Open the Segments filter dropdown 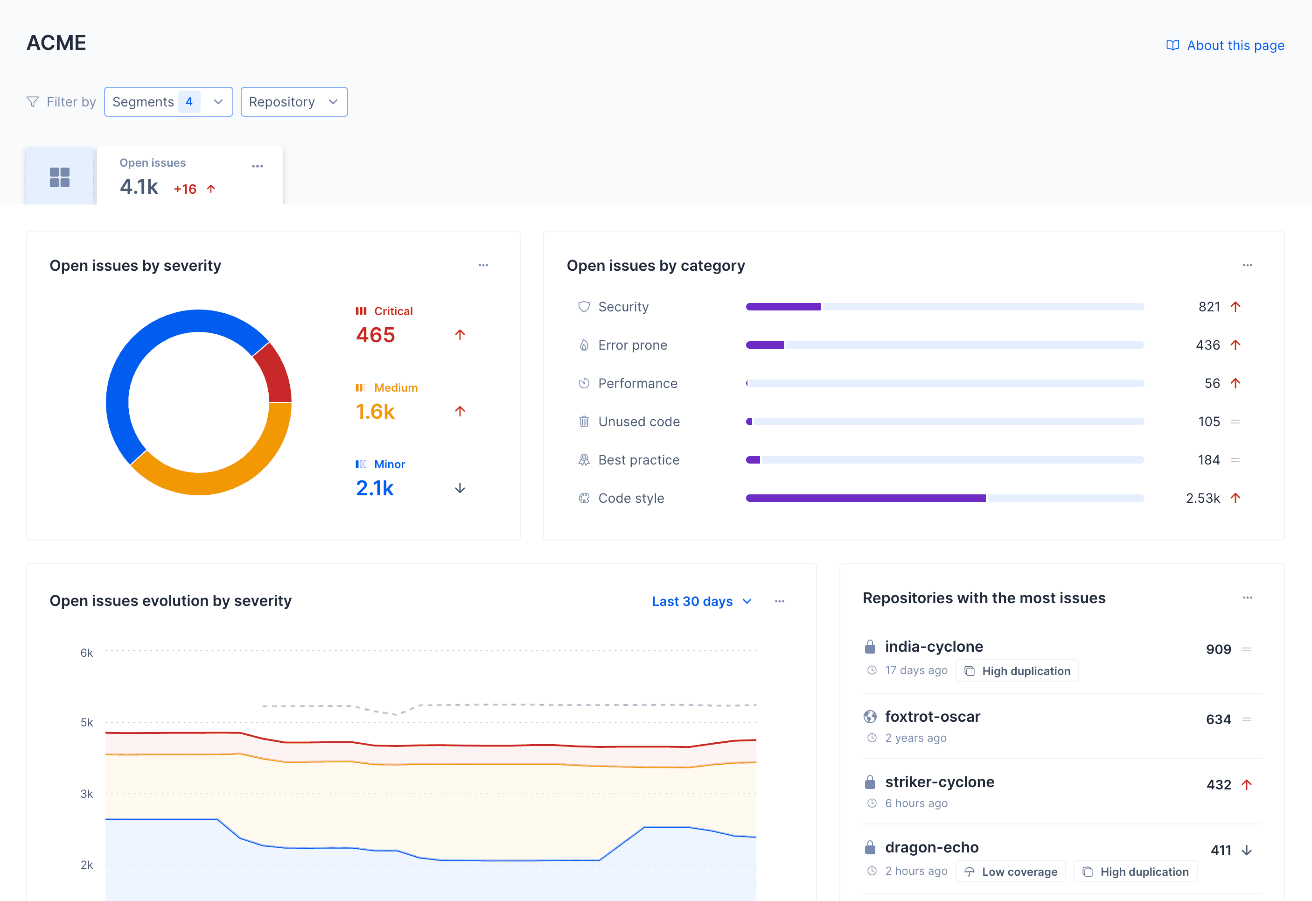(x=168, y=102)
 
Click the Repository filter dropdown (x=293, y=102)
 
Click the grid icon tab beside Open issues (x=60, y=177)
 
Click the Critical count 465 (x=376, y=335)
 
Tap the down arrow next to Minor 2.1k (x=460, y=488)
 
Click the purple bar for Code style (x=865, y=498)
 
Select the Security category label (x=623, y=307)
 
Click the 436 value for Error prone (x=1207, y=345)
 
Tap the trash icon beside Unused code (x=584, y=422)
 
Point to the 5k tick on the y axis (x=87, y=723)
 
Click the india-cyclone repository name (x=934, y=646)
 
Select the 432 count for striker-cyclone (x=1218, y=785)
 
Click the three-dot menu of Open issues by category (x=1247, y=266)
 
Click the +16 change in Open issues (x=185, y=189)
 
